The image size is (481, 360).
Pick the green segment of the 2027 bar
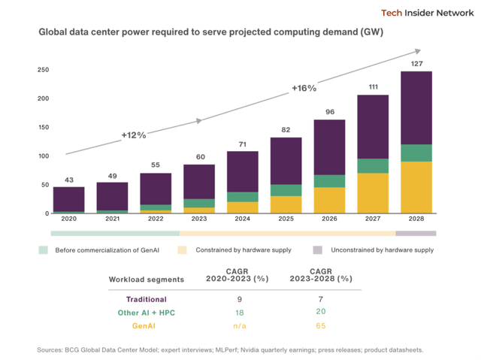pos(373,166)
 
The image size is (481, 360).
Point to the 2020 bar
pos(68,199)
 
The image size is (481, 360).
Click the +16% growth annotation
pos(304,89)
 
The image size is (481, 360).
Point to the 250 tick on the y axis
pos(44,70)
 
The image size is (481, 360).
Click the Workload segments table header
pos(147,279)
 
